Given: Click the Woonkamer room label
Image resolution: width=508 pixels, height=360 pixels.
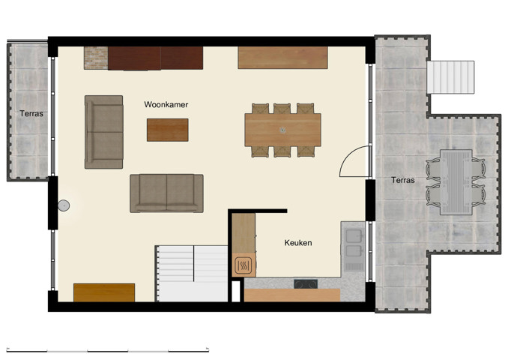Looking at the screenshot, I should tap(166, 105).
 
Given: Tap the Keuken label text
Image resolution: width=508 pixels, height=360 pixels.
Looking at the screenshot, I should tap(297, 243).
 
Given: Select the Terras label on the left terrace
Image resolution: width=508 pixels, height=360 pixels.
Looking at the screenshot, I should tap(31, 114).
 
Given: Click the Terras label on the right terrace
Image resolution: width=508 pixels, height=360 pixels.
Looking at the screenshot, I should tap(402, 181).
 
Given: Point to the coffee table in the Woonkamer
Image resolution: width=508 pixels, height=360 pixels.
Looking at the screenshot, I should tap(167, 130).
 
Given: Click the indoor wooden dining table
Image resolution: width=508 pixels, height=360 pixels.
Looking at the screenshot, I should tap(282, 130).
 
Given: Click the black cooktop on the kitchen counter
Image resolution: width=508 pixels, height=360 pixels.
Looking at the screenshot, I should tap(305, 284).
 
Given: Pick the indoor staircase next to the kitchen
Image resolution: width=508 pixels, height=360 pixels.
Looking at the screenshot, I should tap(192, 272).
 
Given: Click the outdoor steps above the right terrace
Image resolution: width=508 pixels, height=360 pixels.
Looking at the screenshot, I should tap(451, 76).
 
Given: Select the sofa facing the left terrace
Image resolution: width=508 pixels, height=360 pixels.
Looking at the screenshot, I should tap(103, 131).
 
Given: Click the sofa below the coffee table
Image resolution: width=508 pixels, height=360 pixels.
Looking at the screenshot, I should tap(166, 193).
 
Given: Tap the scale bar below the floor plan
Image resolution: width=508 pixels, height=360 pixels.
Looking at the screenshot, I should tap(107, 349).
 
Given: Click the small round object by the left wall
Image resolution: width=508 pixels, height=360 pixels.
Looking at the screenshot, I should tap(64, 205).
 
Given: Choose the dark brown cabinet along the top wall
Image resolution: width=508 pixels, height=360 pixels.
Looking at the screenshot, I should tap(156, 58).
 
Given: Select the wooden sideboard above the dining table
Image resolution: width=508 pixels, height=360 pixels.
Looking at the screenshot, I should tap(282, 58).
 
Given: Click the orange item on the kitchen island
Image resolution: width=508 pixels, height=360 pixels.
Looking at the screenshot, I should tap(244, 265).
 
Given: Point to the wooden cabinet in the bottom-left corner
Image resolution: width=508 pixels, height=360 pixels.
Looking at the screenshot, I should tap(104, 292).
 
